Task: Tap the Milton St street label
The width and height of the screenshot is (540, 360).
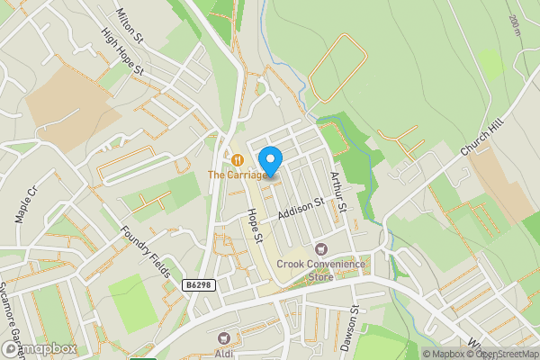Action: point(130,26)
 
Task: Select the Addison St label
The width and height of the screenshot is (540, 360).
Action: point(300,211)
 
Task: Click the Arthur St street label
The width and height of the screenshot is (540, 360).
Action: point(338,191)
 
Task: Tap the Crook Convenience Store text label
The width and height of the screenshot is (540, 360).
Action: point(321,270)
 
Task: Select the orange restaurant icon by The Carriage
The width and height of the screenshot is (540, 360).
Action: point(236,160)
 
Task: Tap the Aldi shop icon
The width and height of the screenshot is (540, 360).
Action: point(224,337)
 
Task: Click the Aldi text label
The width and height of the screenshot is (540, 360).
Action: point(224,353)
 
